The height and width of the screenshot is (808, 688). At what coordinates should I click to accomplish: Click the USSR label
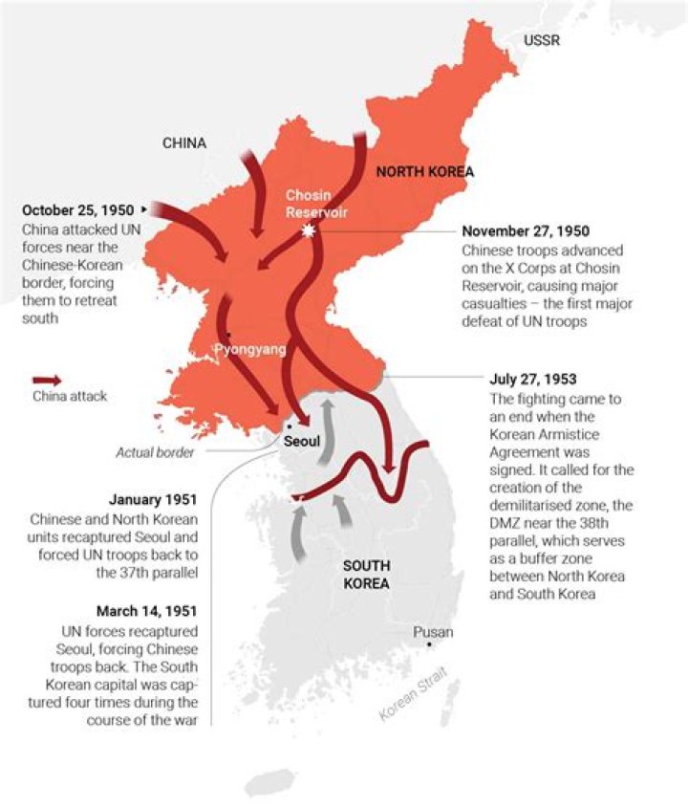(542, 40)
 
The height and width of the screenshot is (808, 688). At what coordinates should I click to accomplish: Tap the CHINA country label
(183, 143)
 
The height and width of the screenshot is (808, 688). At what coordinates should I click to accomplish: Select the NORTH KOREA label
(425, 172)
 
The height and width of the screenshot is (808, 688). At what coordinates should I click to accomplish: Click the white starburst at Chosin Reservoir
(308, 231)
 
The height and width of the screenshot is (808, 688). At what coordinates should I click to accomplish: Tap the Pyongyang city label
(249, 349)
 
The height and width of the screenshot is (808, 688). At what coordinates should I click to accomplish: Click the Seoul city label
(301, 443)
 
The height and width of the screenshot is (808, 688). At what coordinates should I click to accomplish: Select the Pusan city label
(433, 632)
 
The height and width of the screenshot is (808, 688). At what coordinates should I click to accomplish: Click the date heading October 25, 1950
(78, 209)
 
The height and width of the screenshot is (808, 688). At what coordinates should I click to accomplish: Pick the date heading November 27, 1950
(526, 231)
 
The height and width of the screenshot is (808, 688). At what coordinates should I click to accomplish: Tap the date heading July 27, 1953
(532, 379)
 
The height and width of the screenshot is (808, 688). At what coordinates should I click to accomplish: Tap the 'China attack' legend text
(70, 396)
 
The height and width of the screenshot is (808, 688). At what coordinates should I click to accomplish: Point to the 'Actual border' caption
(156, 452)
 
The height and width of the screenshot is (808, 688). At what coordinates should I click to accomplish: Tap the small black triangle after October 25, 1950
(144, 208)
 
